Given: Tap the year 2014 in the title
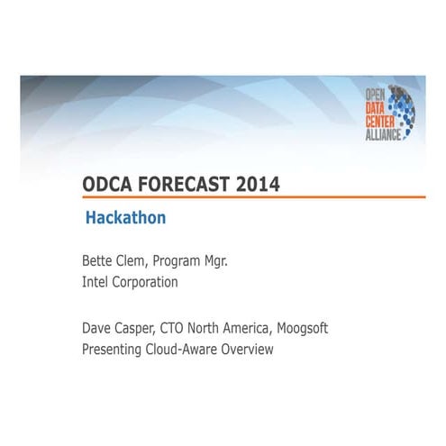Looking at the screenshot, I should (x=258, y=184).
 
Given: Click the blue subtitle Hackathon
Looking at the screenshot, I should (x=125, y=218).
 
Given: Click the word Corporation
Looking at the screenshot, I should (x=143, y=283).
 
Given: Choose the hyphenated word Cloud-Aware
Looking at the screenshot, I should (x=188, y=350).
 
